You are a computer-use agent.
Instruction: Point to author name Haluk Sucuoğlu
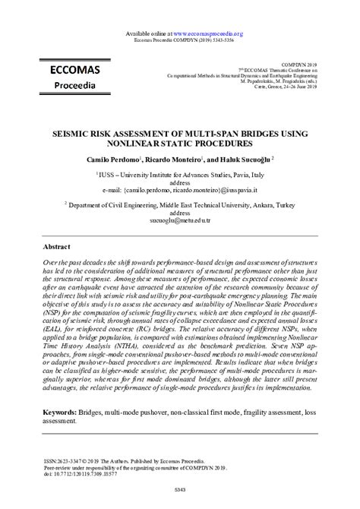click(245, 161)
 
